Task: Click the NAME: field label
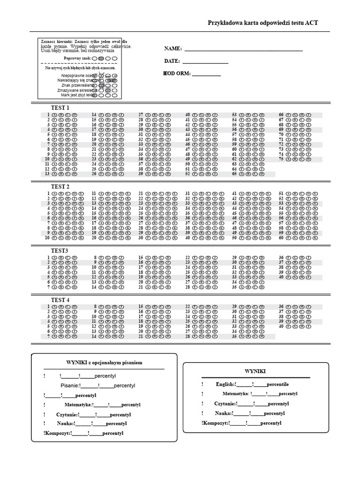pos(172,49)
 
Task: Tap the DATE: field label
pos(172,61)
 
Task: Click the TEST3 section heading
pos(60,251)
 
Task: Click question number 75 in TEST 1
pos(281,159)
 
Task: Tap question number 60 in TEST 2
pos(281,238)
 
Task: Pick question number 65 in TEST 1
pos(234,174)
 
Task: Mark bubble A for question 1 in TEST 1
pos(54,115)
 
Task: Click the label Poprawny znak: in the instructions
pos(77,58)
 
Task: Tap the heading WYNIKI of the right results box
pos(255,371)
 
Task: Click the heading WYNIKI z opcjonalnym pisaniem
pos(104,363)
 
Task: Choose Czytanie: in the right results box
pos(225,404)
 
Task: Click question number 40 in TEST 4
pos(281,326)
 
